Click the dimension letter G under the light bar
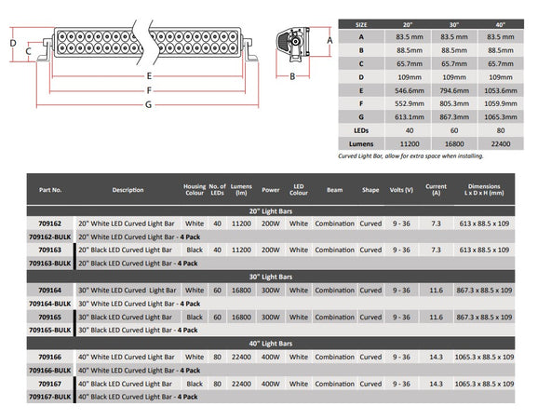(148, 104)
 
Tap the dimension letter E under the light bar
(149, 75)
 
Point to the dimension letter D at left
(13, 43)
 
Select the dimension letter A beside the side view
(330, 40)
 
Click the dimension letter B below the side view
(292, 76)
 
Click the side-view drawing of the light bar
(292, 45)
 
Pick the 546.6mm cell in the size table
(410, 90)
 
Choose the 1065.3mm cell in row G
(501, 117)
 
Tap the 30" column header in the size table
(454, 25)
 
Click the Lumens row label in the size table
(361, 144)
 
